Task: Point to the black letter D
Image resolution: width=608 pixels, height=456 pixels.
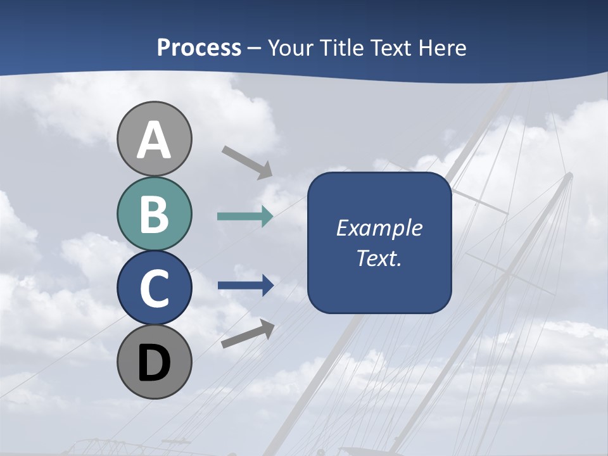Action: (x=155, y=363)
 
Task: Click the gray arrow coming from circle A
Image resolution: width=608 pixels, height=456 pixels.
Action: (x=248, y=162)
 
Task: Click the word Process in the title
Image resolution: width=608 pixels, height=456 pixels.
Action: (x=199, y=48)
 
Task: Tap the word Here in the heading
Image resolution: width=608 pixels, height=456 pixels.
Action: (x=443, y=48)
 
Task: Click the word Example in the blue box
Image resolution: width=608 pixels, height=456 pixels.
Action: (x=379, y=229)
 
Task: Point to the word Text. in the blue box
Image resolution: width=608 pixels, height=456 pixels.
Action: (x=379, y=258)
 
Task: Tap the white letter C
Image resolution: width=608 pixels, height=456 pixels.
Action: (x=155, y=289)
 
